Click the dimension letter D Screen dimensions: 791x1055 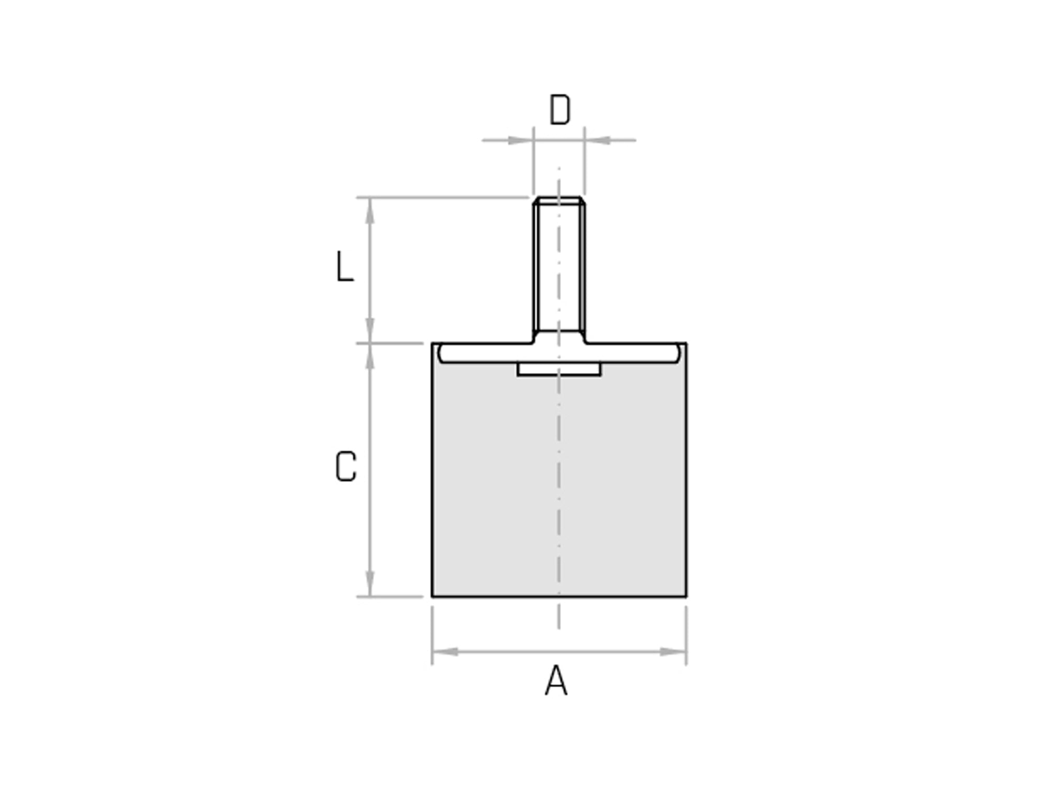pyautogui.click(x=559, y=110)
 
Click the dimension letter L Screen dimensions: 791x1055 pyautogui.click(x=344, y=267)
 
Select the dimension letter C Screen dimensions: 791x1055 pyautogui.click(x=345, y=467)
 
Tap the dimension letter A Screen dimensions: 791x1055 pyautogui.click(x=556, y=680)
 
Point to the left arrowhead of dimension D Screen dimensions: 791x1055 pyautogui.click(x=521, y=140)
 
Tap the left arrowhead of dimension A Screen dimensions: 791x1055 pyautogui.click(x=445, y=652)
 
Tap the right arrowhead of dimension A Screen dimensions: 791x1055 pyautogui.click(x=673, y=652)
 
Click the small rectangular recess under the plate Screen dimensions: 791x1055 pyautogui.click(x=559, y=369)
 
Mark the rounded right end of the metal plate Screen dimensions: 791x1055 pyautogui.click(x=679, y=353)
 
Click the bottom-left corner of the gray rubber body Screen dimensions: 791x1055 pyautogui.click(x=433, y=596)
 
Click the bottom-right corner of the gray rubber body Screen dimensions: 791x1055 pyautogui.click(x=686, y=596)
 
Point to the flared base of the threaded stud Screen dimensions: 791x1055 pyautogui.click(x=559, y=337)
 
